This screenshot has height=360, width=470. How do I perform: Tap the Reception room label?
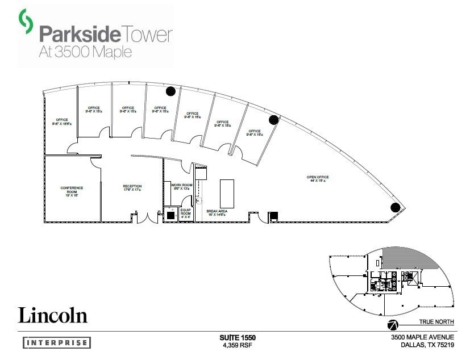click(x=132, y=188)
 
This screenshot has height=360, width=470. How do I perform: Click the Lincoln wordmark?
click(x=53, y=315)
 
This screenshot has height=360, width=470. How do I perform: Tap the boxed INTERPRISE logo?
click(x=57, y=342)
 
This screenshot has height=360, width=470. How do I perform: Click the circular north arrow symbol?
click(x=392, y=325)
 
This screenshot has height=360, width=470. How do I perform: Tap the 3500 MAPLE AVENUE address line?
click(x=422, y=337)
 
